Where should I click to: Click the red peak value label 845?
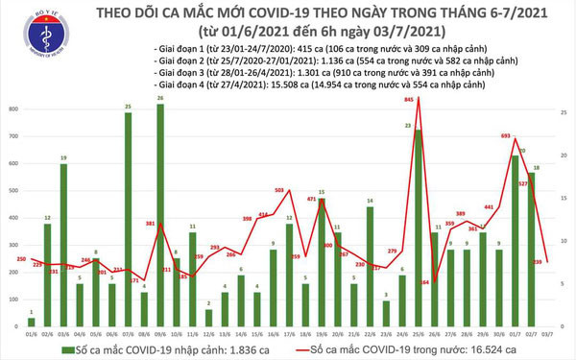coord(410,99)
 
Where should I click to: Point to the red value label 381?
coord(151,224)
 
